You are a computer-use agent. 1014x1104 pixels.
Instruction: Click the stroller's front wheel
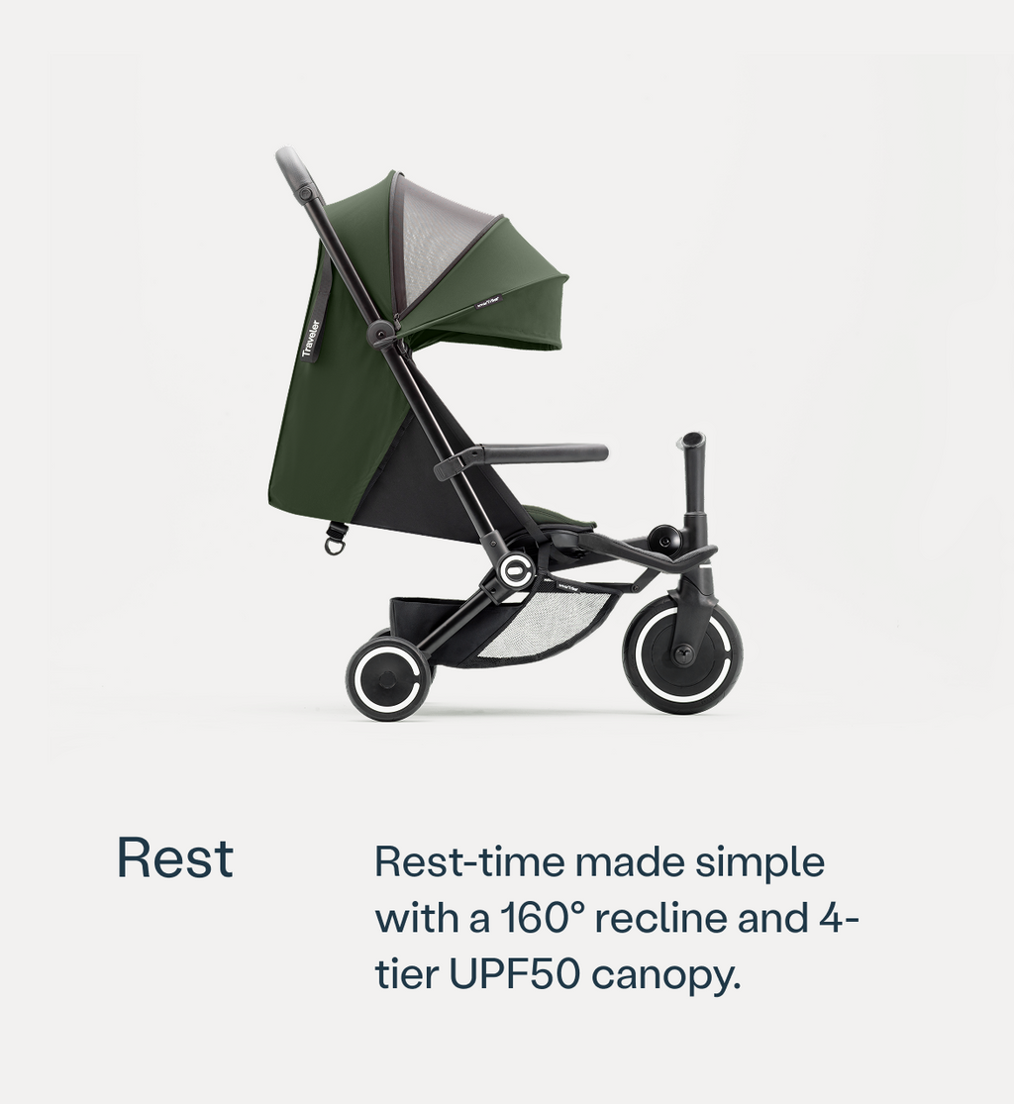coord(682,653)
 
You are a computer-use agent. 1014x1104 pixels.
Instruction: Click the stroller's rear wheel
coord(388,679)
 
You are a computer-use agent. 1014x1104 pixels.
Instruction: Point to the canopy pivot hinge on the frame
coord(380,333)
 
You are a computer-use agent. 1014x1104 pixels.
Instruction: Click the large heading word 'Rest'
coord(175,858)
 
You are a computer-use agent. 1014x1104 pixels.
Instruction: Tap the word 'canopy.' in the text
coord(665,977)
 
